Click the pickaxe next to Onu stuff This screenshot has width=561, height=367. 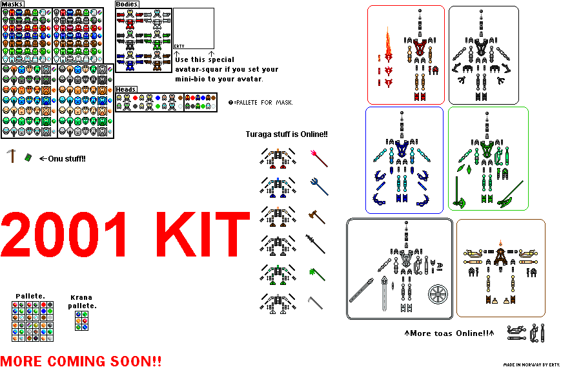[x=11, y=155]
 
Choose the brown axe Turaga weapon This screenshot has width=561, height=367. [x=317, y=215]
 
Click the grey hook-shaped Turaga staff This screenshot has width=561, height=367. [x=317, y=302]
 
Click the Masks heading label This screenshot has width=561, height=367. [x=13, y=5]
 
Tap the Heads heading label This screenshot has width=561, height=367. [x=126, y=89]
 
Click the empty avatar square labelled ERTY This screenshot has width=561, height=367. [x=194, y=27]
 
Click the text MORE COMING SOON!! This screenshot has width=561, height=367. [x=81, y=361]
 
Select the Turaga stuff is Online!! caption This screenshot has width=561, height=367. [x=287, y=134]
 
